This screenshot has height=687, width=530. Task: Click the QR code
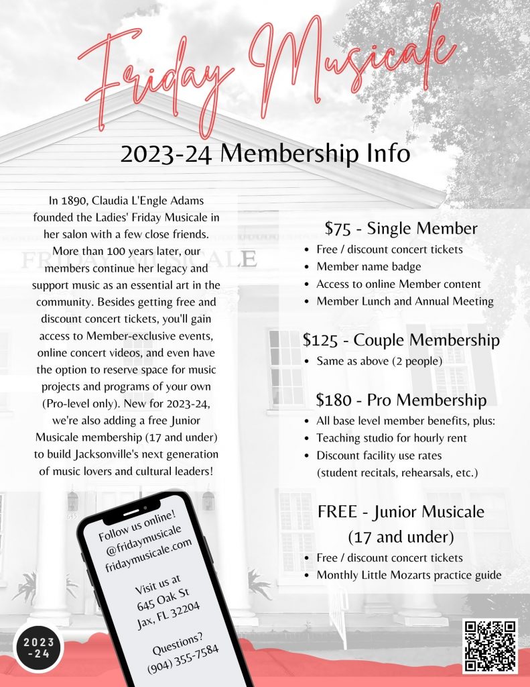click(490, 646)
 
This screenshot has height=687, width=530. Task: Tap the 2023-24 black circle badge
click(39, 648)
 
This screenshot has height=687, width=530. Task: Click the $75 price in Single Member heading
click(338, 229)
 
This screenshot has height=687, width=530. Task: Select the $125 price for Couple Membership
click(320, 340)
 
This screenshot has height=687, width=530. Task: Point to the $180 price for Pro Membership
click(333, 401)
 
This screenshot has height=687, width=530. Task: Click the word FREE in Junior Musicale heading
click(337, 512)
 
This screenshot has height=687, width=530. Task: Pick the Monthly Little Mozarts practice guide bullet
click(409, 575)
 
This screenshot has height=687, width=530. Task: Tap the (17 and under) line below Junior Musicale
click(401, 537)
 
